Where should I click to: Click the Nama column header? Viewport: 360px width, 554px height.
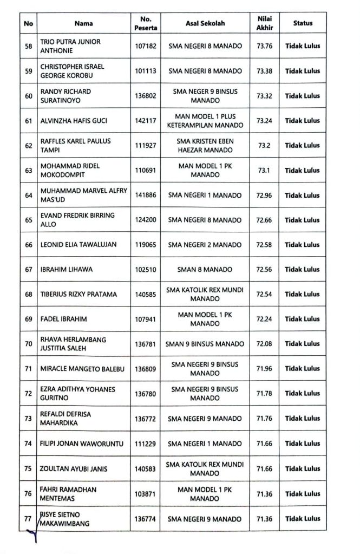click(x=84, y=23)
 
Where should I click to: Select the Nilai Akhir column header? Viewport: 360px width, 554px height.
click(x=265, y=23)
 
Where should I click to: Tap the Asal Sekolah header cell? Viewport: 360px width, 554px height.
click(x=205, y=23)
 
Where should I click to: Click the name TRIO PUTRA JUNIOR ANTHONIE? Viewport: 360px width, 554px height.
click(x=70, y=46)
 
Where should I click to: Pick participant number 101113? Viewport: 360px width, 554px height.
click(x=146, y=71)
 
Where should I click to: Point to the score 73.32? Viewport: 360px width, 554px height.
click(x=265, y=96)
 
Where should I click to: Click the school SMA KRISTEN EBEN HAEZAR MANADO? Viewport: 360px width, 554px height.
click(x=205, y=145)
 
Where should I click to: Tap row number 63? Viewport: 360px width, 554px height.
click(x=29, y=171)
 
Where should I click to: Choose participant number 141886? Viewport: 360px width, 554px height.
click(x=146, y=195)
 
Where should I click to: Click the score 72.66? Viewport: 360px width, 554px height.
click(x=265, y=220)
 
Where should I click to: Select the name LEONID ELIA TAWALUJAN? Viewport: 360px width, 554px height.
click(x=78, y=245)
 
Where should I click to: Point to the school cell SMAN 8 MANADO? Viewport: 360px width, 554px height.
click(x=205, y=270)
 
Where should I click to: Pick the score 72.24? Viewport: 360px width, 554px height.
click(x=265, y=319)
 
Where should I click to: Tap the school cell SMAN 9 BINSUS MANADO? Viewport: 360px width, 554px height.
click(x=205, y=344)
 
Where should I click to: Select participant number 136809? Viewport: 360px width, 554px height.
click(x=146, y=369)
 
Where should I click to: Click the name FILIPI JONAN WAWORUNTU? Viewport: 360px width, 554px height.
click(x=82, y=444)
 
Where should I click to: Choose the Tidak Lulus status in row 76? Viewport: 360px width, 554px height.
click(x=303, y=493)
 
